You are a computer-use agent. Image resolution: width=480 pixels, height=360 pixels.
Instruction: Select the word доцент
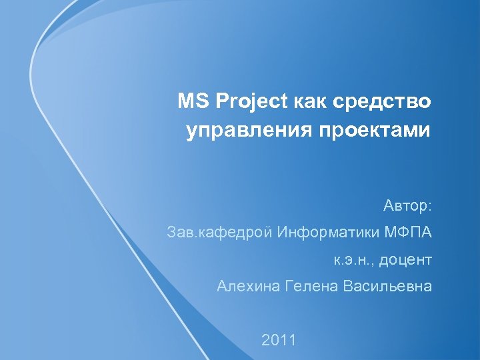click(x=406, y=260)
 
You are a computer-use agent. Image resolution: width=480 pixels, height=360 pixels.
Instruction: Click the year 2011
click(x=279, y=340)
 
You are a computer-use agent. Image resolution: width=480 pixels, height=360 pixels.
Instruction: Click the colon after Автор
click(x=431, y=207)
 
